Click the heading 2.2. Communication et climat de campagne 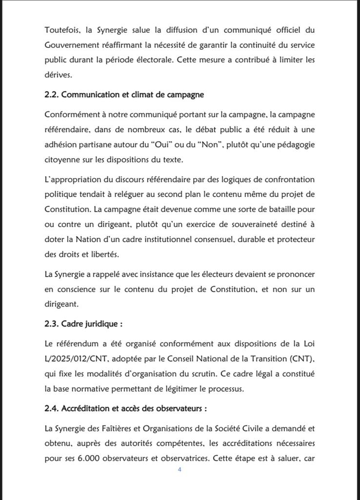click(124, 94)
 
